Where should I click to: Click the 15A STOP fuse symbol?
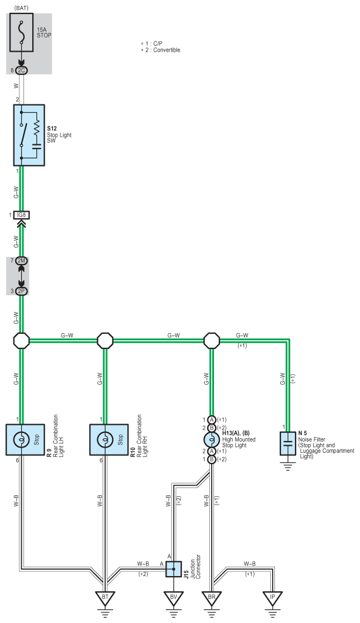[22, 33]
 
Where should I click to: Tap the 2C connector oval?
[22, 70]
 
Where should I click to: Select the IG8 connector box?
[22, 215]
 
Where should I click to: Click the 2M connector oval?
[22, 260]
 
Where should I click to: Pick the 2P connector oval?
[22, 291]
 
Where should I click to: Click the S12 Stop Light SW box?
[29, 135]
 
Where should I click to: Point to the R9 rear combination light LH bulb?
[21, 439]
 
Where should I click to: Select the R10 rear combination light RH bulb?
[105, 439]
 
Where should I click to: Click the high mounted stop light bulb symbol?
[212, 439]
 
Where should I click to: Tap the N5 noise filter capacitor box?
[288, 443]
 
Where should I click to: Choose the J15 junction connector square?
[174, 569]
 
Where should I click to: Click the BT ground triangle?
[105, 598]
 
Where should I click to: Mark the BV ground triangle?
[174, 598]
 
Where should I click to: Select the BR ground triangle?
[212, 598]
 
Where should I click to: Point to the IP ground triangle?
[273, 598]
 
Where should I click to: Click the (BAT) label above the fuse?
[21, 8]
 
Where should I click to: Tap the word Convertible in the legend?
[167, 50]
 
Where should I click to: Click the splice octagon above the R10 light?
[105, 340]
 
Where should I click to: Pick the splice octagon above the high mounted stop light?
[212, 340]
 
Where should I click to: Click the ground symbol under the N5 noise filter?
[288, 466]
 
